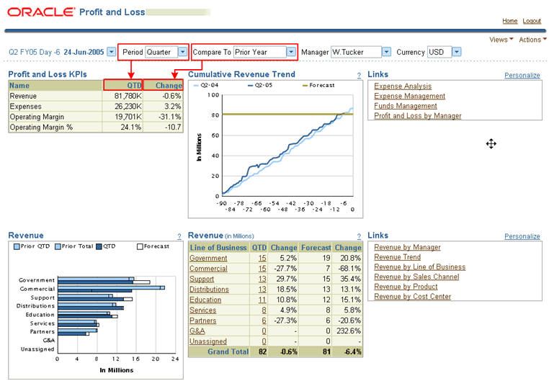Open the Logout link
coord(532,22)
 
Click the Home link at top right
coord(509,22)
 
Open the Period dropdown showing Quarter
coord(166,52)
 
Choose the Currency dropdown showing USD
coord(440,52)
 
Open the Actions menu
coord(531,40)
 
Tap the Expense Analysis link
coord(403,86)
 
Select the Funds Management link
coord(406,106)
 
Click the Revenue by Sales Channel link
coord(416,277)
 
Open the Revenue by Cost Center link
coord(412,296)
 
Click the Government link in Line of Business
coord(208,258)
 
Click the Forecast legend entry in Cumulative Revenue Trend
coord(321,85)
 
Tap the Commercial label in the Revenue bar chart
coord(37,289)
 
